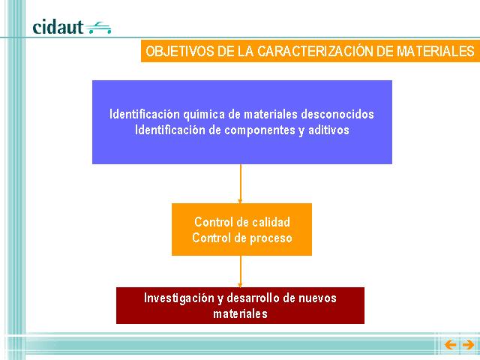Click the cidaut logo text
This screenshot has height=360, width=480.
pos(58,27)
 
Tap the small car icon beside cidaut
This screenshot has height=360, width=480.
pos(98,28)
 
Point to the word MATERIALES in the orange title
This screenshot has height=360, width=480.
pos(436,51)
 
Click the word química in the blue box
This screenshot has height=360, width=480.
pos(204,115)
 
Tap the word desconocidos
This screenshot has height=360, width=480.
pos(337,114)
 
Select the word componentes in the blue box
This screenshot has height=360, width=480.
pos(260,130)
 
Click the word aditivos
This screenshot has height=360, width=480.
pos(328,130)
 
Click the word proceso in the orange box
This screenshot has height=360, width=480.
pos(271,238)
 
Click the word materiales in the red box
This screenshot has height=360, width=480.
pos(240,313)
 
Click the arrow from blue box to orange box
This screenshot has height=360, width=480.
pos(240,184)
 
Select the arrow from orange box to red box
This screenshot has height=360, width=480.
pos(240,271)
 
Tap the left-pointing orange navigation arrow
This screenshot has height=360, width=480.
pos(450,345)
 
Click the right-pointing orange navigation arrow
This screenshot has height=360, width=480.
pos(468,345)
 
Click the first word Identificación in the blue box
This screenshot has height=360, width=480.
pos(145,114)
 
